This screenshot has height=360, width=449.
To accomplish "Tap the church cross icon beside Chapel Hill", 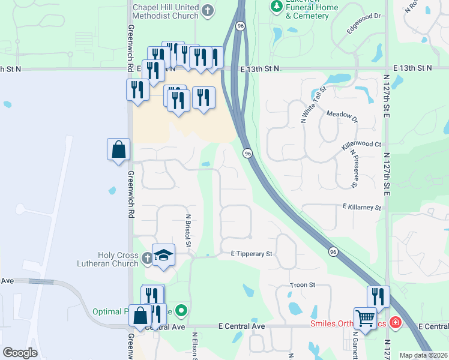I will [208, 10].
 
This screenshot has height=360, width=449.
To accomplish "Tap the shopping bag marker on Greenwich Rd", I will [119, 149].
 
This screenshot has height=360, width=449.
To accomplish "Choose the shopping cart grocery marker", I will [365, 318].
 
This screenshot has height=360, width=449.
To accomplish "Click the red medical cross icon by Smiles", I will [395, 323].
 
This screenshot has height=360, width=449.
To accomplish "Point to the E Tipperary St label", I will [252, 254].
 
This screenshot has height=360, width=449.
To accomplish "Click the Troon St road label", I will [303, 285].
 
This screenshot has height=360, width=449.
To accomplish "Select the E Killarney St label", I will [362, 207].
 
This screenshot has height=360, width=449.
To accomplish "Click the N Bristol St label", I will [188, 230].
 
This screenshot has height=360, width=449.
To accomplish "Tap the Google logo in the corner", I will [20, 353].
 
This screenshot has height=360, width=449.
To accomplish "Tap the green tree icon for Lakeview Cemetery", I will [276, 7].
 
